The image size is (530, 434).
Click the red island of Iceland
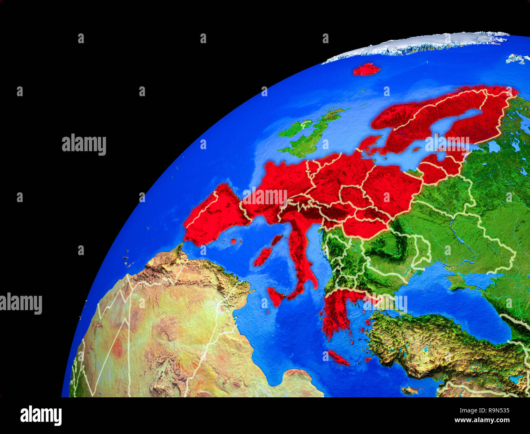(x=366, y=69)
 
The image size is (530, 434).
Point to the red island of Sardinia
(x=263, y=257)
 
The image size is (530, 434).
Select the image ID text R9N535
(x=495, y=411)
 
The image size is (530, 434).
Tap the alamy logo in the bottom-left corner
(x=41, y=415)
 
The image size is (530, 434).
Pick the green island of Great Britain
(x=312, y=137)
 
